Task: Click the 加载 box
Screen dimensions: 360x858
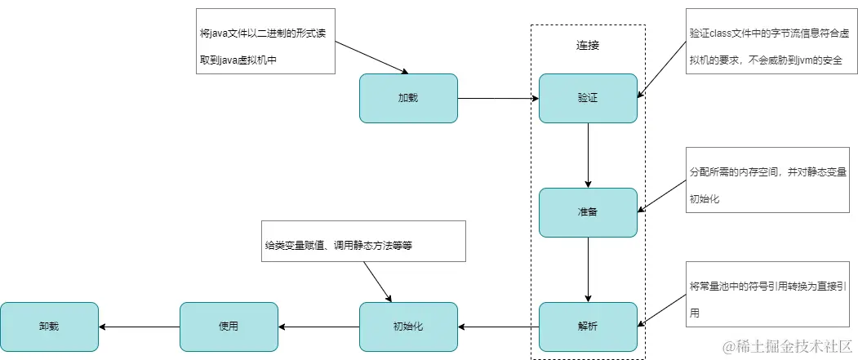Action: (x=408, y=98)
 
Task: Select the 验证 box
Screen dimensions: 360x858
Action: (x=588, y=98)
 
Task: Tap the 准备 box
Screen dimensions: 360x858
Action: (x=588, y=212)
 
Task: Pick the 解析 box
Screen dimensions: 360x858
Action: (x=588, y=327)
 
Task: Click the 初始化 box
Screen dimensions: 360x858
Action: (x=408, y=327)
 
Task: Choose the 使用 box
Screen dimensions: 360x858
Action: (x=229, y=327)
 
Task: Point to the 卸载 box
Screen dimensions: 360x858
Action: (x=49, y=327)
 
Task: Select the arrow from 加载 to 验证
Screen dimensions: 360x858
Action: (x=498, y=99)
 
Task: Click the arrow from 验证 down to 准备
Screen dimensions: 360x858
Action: (x=588, y=155)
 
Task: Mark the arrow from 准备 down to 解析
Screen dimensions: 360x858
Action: (x=588, y=269)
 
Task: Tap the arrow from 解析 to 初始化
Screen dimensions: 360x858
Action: (x=498, y=327)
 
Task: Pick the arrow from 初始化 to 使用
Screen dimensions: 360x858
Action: (x=318, y=327)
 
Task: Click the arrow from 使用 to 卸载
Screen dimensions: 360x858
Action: (x=139, y=327)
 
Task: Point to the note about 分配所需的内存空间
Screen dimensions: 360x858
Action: (x=770, y=186)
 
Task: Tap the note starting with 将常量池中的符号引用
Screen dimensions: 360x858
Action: (x=770, y=300)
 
